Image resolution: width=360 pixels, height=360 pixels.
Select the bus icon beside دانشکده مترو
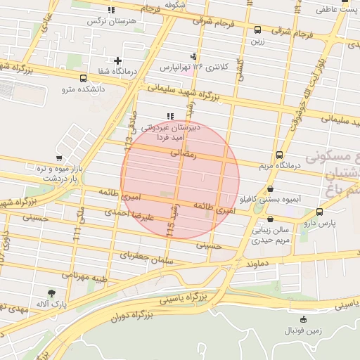[84, 79]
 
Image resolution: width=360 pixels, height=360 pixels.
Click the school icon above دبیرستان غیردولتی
[169, 116]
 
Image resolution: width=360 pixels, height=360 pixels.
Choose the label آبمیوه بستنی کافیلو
[271, 200]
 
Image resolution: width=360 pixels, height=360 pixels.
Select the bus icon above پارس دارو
[320, 211]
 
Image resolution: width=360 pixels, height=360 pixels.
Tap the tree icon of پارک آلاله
[52, 292]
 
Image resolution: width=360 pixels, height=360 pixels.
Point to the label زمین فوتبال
[302, 330]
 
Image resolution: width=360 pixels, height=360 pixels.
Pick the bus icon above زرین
[258, 30]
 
